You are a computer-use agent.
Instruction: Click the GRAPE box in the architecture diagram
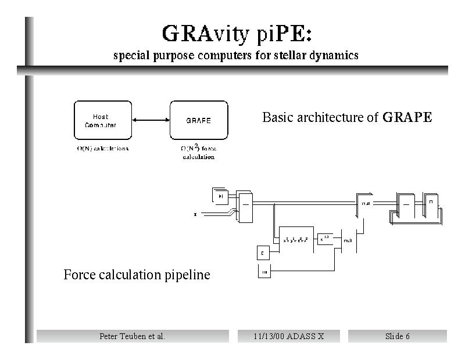[x=198, y=120]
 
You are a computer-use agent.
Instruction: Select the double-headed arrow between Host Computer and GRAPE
[x=151, y=120]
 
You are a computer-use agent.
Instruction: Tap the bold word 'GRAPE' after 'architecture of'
[x=407, y=118]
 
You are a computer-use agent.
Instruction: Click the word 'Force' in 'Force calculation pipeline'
[x=80, y=275]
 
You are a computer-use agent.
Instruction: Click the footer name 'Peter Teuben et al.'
[x=133, y=336]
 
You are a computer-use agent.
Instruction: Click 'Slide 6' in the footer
[x=397, y=336]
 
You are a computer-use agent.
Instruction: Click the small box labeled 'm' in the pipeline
[x=263, y=272]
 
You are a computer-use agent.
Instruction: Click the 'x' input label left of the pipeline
[x=195, y=214]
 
